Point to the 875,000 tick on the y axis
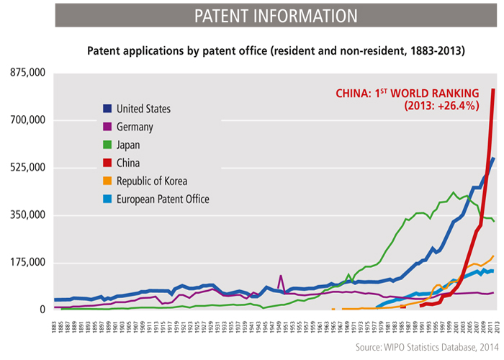pyautogui.click(x=28, y=73)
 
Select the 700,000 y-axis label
pyautogui.click(x=28, y=120)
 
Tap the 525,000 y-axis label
pyautogui.click(x=28, y=168)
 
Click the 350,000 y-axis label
pyautogui.click(x=28, y=215)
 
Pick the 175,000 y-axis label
pyautogui.click(x=28, y=262)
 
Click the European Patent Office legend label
pyautogui.click(x=166, y=199)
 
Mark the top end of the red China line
pyautogui.click(x=493, y=90)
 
